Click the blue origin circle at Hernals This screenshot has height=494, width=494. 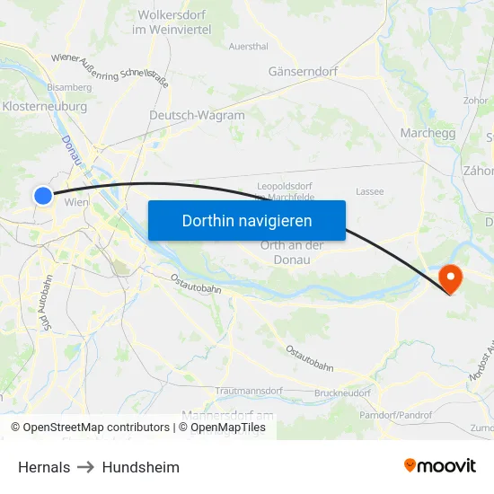[43, 195]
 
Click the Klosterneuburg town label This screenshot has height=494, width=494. [45, 106]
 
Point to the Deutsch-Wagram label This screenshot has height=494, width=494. [197, 116]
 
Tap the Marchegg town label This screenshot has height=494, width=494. [428, 133]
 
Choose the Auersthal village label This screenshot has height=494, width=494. [249, 45]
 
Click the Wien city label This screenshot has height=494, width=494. [75, 203]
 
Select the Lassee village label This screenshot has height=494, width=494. [369, 191]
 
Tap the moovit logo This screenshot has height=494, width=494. [440, 465]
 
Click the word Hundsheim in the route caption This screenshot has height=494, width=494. [140, 467]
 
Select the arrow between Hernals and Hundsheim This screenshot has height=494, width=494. [86, 467]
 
